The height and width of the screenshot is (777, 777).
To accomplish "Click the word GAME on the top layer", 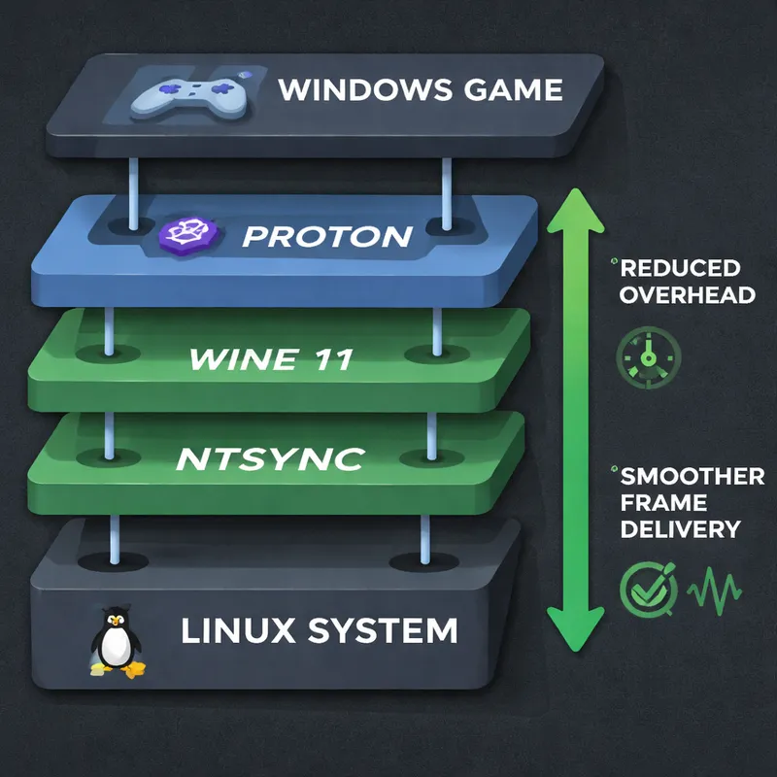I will (x=519, y=90).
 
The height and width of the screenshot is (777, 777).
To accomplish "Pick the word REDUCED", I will (x=680, y=268).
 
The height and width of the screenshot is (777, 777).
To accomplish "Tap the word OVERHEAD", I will (x=688, y=294).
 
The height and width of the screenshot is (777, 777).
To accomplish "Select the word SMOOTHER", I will (x=693, y=477).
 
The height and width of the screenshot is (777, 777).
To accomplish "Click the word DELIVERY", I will (x=680, y=529).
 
